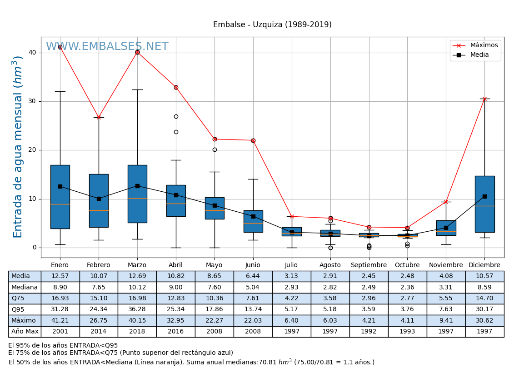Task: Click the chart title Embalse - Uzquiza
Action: click(x=272, y=25)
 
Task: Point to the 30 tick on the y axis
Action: click(x=32, y=101)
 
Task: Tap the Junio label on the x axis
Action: click(x=253, y=265)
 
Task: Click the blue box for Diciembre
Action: click(x=484, y=204)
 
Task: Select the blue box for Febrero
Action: click(x=99, y=200)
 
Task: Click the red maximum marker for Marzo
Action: click(x=137, y=52)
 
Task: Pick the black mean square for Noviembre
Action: click(x=446, y=228)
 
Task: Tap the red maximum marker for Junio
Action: click(x=253, y=140)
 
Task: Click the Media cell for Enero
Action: click(x=60, y=276)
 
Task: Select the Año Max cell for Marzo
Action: click(x=137, y=332)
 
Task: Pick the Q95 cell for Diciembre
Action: click(x=484, y=309)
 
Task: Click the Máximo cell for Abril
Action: click(x=176, y=321)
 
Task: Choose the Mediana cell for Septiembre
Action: click(x=369, y=287)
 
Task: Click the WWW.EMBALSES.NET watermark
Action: click(x=107, y=47)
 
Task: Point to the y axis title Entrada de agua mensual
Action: click(x=18, y=147)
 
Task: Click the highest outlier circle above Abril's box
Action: click(x=176, y=117)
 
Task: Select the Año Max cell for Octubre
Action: click(x=407, y=332)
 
